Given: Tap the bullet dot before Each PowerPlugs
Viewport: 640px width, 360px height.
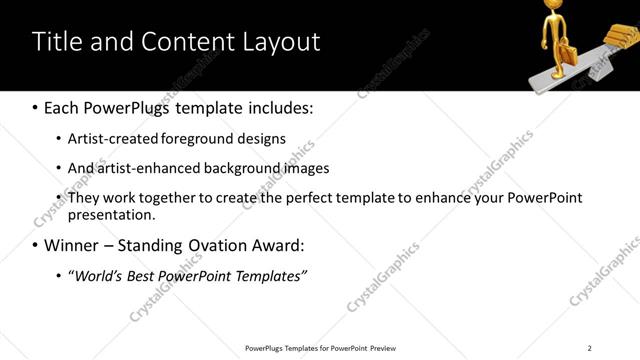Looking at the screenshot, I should (x=36, y=107).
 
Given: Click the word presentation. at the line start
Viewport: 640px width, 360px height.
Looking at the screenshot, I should (x=111, y=214).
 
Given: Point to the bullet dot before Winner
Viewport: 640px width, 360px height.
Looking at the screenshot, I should (x=36, y=245).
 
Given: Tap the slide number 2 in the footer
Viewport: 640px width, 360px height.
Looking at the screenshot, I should (x=590, y=347).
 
